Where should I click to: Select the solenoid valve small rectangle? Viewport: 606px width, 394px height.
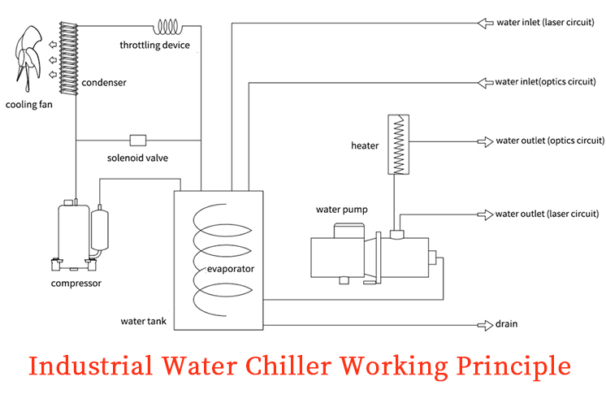[137, 140]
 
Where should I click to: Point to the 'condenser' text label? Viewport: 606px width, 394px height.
[104, 82]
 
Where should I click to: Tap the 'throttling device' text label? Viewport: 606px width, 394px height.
[154, 45]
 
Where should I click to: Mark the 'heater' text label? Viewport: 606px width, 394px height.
[365, 145]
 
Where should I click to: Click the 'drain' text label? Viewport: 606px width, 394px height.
[507, 324]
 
